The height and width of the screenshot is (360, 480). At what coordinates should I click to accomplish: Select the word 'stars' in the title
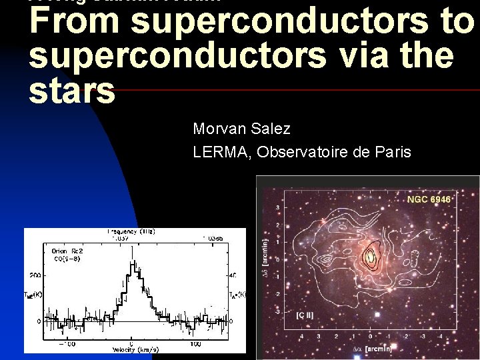[x=72, y=91]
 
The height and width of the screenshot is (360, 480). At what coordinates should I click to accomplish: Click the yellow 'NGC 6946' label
[x=429, y=199]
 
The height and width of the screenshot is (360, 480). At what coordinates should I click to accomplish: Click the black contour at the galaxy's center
[x=370, y=256]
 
